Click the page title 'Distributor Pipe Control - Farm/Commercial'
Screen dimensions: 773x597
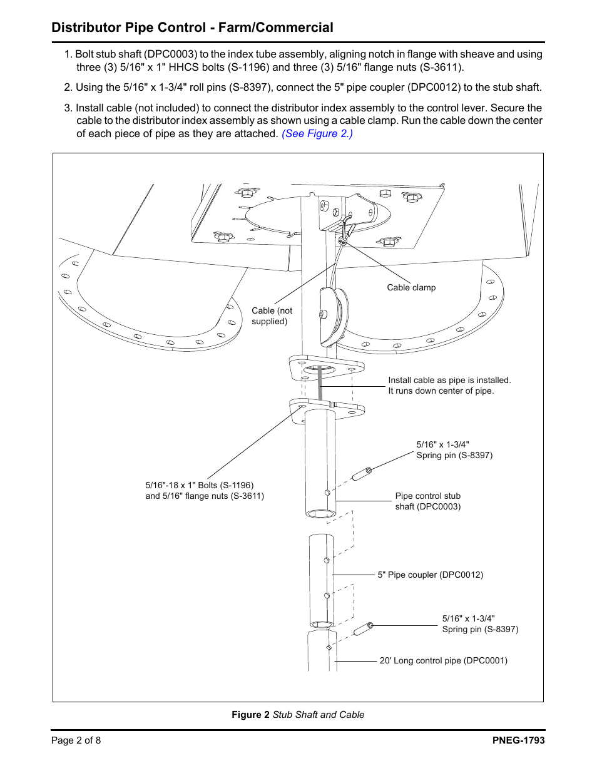click(192, 28)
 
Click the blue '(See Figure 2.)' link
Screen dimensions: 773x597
click(317, 133)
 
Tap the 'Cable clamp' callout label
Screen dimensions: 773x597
click(411, 287)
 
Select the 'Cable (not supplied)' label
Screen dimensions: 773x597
click(272, 315)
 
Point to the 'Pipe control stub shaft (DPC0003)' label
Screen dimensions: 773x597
click(427, 501)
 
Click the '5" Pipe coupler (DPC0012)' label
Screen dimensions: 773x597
click(430, 575)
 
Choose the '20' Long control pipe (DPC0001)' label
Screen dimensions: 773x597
click(443, 660)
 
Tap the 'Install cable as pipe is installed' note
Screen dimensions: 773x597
click(449, 385)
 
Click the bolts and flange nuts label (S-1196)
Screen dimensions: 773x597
click(205, 490)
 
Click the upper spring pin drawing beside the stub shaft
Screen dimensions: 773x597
click(362, 474)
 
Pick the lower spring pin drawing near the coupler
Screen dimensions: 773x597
click(364, 628)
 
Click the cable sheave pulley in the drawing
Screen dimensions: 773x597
click(332, 316)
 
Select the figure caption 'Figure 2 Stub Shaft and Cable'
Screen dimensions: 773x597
click(298, 714)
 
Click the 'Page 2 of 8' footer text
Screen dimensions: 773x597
click(76, 740)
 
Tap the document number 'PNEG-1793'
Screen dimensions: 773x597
click(518, 740)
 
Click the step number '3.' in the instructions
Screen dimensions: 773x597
click(68, 108)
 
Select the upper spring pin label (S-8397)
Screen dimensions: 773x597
click(454, 449)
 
